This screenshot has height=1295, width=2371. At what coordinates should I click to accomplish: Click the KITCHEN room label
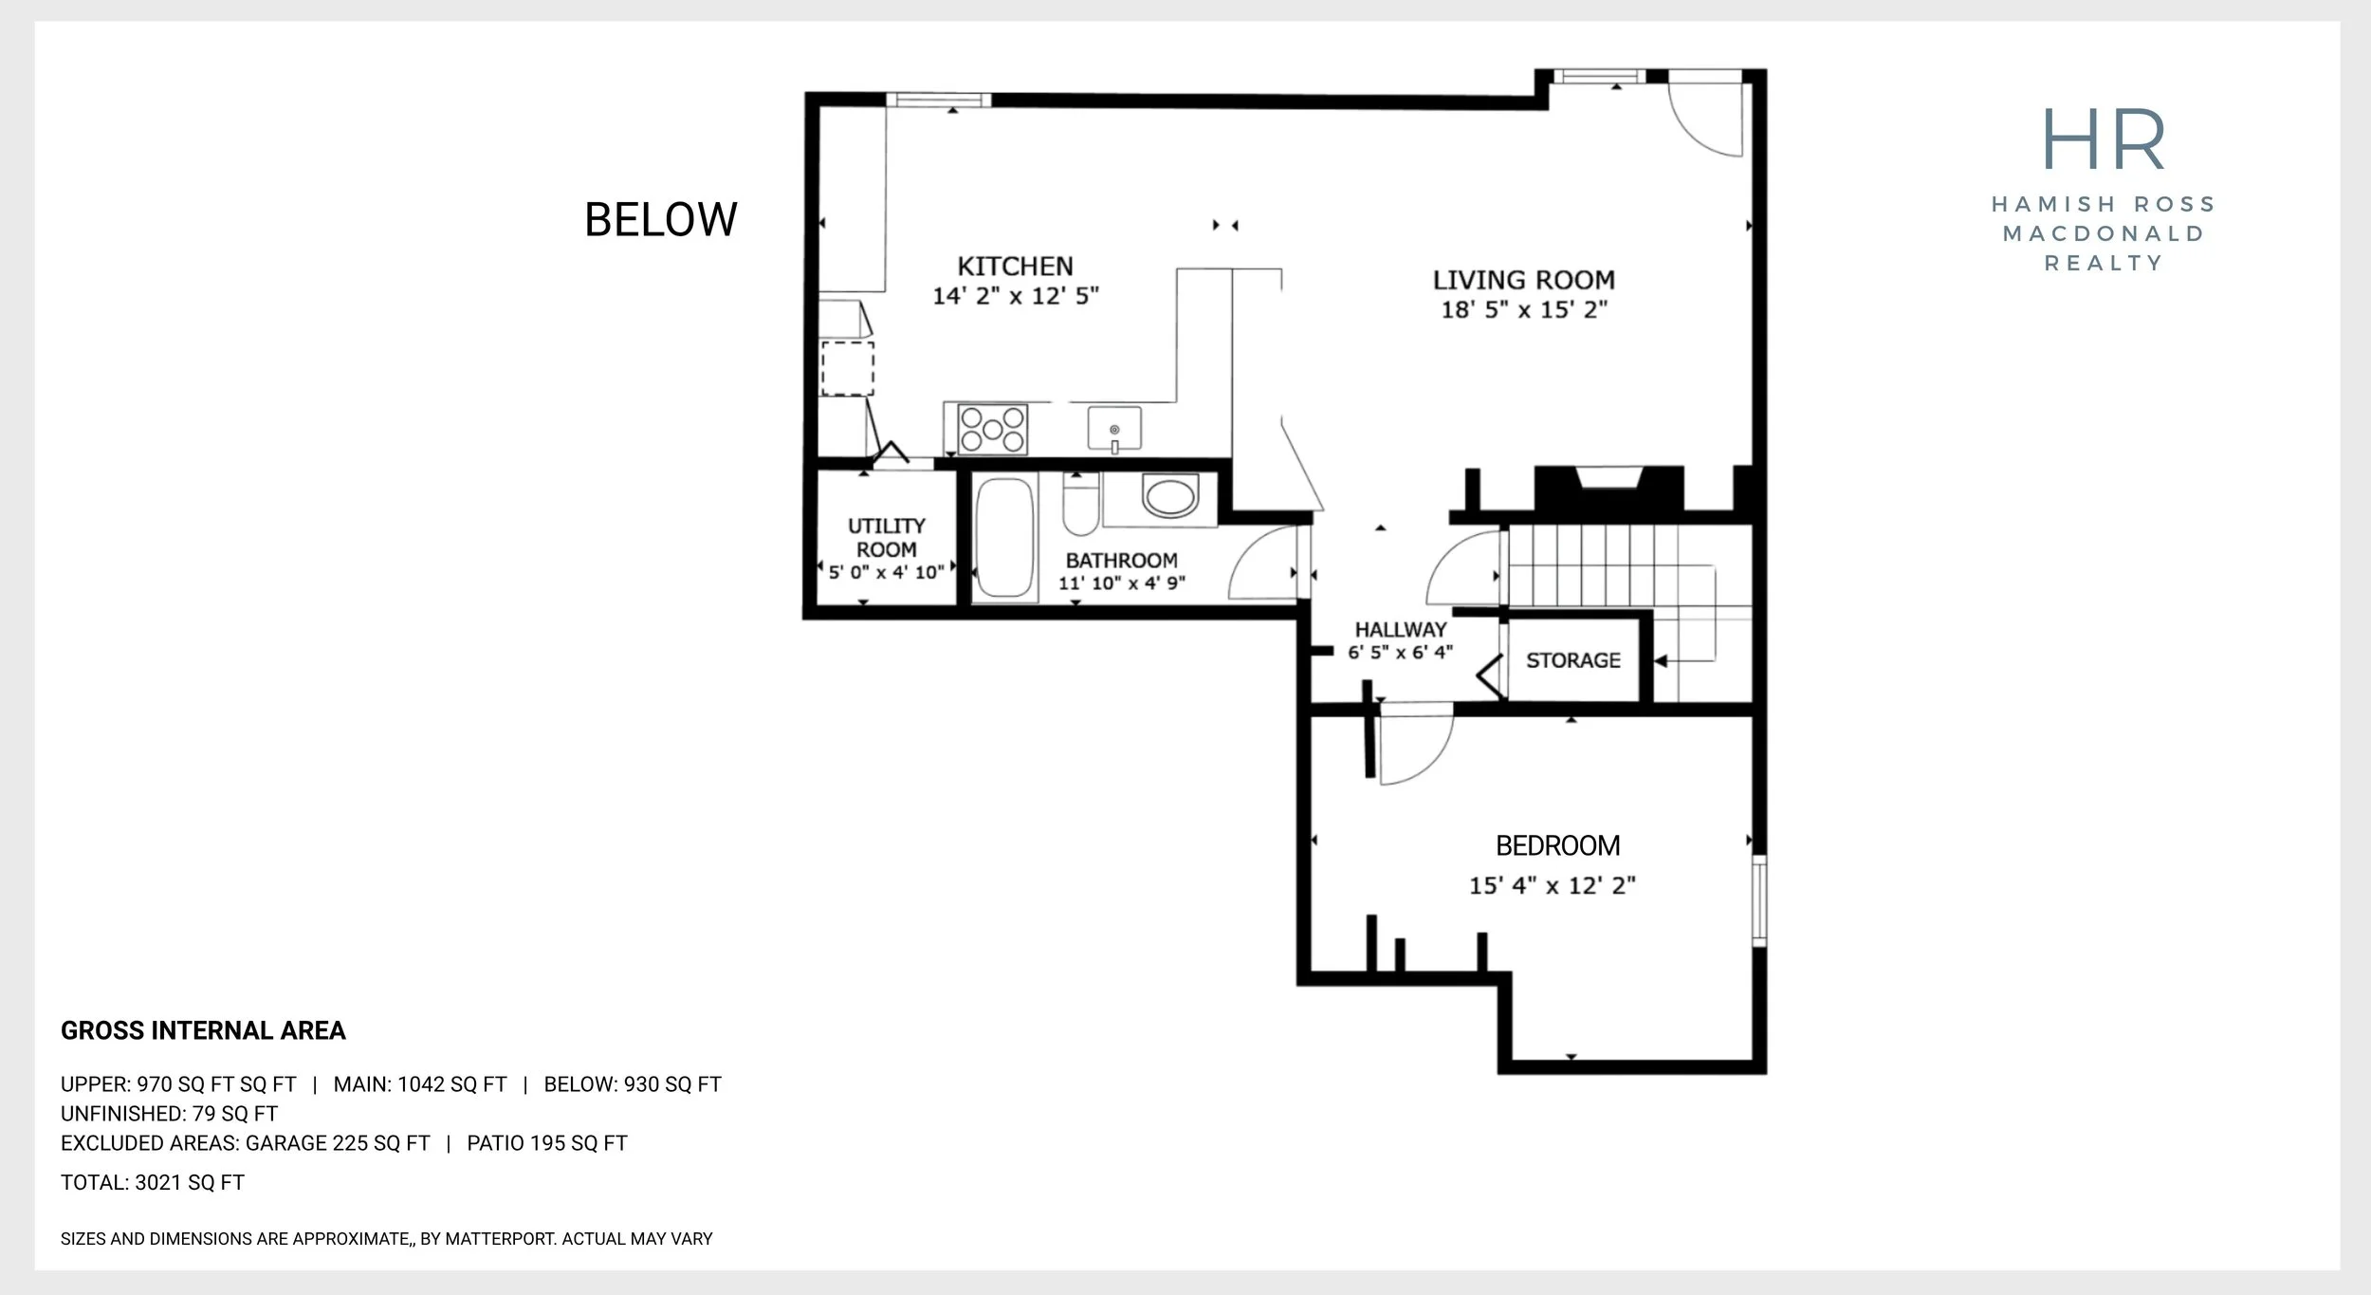[x=1015, y=267]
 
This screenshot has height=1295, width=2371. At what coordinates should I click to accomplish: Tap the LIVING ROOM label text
[x=1523, y=281]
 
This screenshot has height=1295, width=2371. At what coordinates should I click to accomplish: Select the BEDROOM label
[x=1557, y=845]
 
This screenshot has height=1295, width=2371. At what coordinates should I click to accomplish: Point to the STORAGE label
[x=1573, y=660]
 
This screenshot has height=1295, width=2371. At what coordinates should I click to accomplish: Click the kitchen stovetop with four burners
[x=993, y=429]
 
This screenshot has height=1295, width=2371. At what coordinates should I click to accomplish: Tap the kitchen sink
[x=1114, y=428]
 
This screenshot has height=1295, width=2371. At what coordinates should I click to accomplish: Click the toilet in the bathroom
[x=1080, y=506]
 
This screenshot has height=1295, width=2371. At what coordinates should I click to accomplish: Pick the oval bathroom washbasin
[x=1170, y=496]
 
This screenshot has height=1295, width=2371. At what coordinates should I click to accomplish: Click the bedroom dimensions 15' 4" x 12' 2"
[x=1553, y=886]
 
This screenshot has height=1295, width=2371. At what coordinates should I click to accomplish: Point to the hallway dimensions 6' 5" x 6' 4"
[x=1400, y=652]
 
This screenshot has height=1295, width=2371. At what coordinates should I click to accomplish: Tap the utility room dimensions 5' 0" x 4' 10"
[x=887, y=572]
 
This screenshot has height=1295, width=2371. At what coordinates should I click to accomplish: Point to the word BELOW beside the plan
[x=661, y=220]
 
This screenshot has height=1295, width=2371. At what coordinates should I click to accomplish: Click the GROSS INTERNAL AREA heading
[x=203, y=1030]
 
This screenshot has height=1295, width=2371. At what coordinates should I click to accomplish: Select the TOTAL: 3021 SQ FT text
[x=153, y=1182]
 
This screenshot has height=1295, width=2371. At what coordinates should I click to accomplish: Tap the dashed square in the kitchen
[x=847, y=369]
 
